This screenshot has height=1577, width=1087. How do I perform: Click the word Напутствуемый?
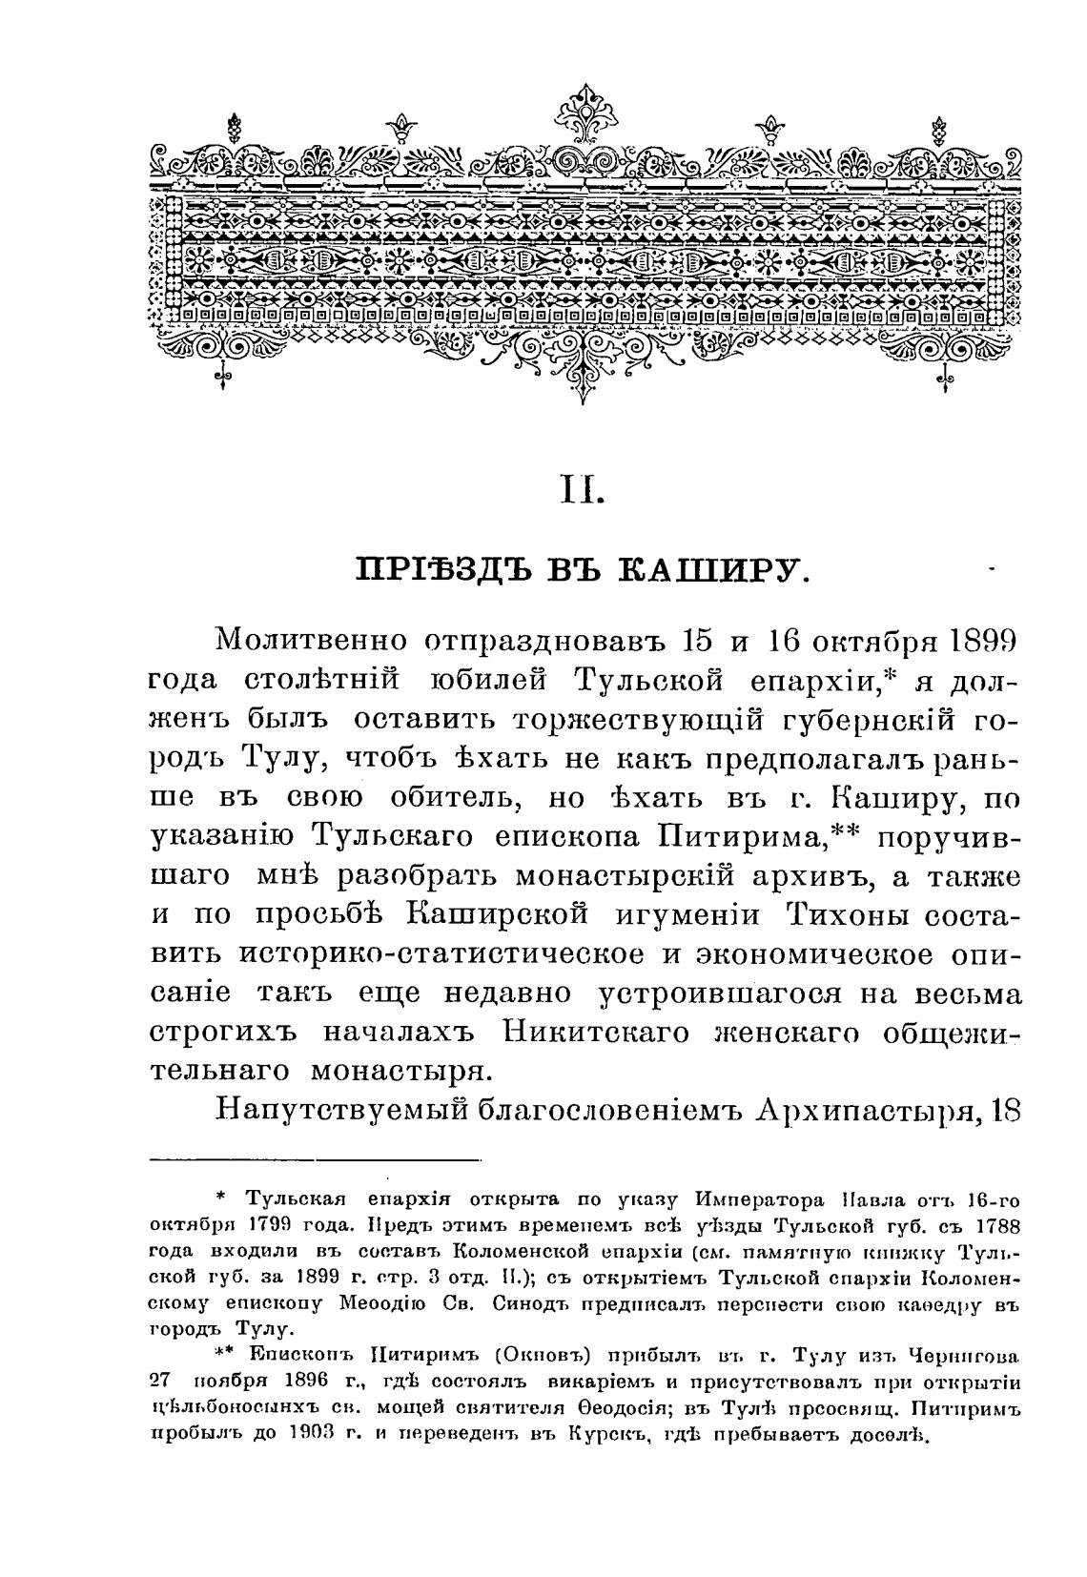pos(330,1113)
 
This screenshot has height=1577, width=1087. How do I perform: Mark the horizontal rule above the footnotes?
pos(315,1160)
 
